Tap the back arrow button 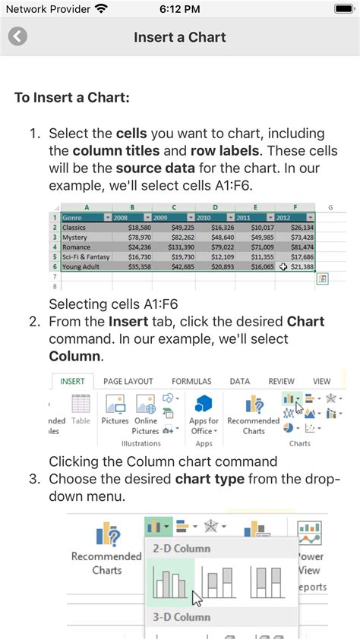coord(17,37)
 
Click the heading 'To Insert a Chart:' coord(72,98)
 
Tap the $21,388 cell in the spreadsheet coord(298,266)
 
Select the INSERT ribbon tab coord(73,381)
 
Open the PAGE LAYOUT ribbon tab coord(128,381)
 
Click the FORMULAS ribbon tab coord(191,381)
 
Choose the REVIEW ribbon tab coord(281,381)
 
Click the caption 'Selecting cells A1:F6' coord(114,305)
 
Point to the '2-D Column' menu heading coord(182,548)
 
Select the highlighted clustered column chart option coord(169,583)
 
